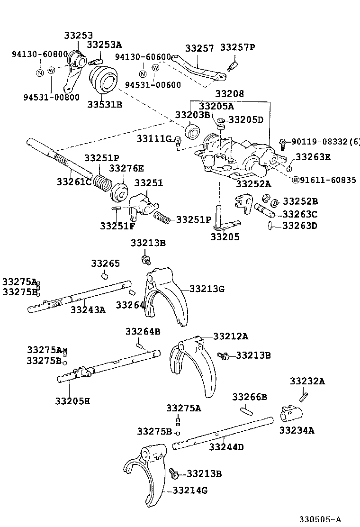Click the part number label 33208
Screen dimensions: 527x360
[229, 94]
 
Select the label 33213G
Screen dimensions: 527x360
[207, 288]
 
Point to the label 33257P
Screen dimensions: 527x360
[238, 48]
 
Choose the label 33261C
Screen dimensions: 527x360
[74, 181]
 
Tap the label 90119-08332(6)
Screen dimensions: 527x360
[325, 142]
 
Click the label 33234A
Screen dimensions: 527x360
[297, 430]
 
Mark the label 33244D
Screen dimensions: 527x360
[226, 446]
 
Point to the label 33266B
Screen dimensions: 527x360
[250, 396]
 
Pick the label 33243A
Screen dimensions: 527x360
[88, 310]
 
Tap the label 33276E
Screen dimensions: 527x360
[127, 168]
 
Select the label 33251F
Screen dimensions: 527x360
[117, 226]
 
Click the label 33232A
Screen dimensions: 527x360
[307, 381]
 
